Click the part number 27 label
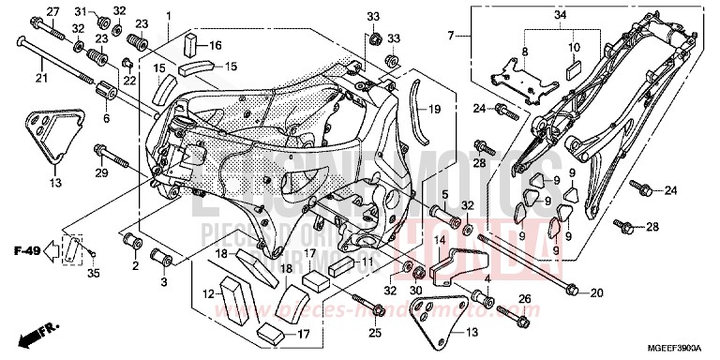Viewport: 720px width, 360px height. [x=52, y=11]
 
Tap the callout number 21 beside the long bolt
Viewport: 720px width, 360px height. [x=40, y=78]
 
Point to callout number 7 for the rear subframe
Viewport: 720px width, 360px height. [x=450, y=36]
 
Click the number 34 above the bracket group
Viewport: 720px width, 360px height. [x=561, y=16]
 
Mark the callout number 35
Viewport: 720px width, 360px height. [x=91, y=273]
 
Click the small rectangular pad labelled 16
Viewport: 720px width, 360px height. [x=190, y=43]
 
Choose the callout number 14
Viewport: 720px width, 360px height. [x=437, y=240]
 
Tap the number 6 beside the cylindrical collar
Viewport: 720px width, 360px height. [x=105, y=118]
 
